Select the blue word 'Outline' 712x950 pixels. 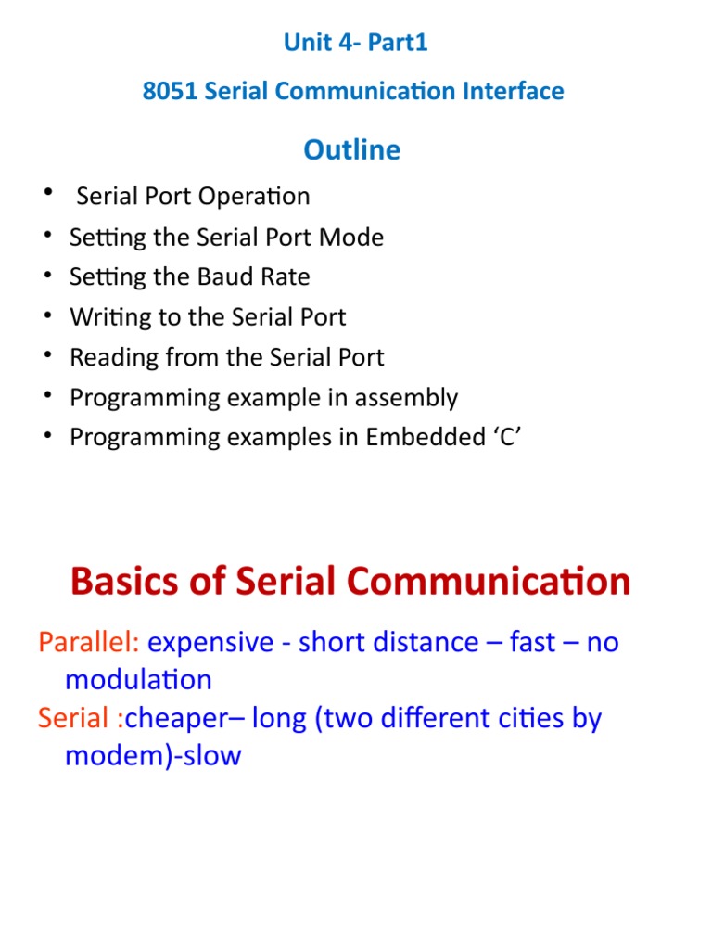click(352, 149)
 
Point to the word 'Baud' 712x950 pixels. click(242, 277)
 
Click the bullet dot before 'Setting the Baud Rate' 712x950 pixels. click(46, 276)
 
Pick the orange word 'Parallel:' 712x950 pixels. click(89, 643)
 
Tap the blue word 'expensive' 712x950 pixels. click(210, 643)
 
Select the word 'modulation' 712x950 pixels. click(138, 680)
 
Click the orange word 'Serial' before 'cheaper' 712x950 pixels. click(73, 718)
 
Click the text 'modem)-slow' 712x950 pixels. click(153, 755)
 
